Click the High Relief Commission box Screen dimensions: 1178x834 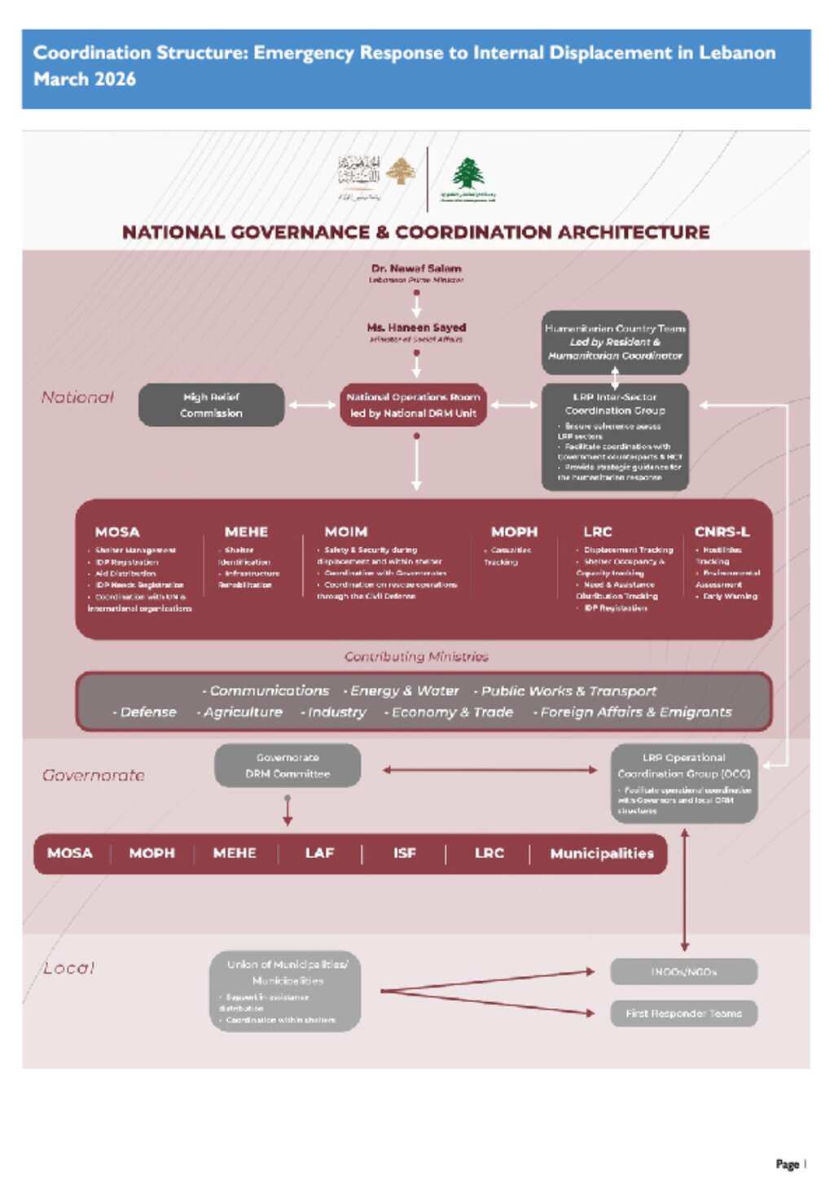tap(211, 405)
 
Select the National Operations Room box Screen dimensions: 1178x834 tap(413, 405)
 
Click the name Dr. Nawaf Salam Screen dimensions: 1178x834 tap(416, 268)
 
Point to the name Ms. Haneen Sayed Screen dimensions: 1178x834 tap(416, 327)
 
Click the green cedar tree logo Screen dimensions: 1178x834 tap(468, 173)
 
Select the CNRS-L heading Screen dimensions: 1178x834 tap(722, 532)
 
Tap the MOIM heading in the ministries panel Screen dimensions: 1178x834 tap(346, 532)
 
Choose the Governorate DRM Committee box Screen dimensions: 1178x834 tap(288, 765)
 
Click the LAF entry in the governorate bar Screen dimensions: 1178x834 tap(319, 853)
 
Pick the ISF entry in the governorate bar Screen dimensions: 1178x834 tap(405, 853)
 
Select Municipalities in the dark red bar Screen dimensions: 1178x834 tap(602, 853)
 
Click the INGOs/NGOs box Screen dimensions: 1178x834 tap(684, 971)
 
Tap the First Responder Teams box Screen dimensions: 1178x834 tap(684, 1014)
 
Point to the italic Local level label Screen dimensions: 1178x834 tap(69, 968)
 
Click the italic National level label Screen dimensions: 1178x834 tap(77, 397)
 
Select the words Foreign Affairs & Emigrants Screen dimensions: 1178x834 tap(636, 712)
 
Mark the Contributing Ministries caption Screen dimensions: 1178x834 tap(416, 656)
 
